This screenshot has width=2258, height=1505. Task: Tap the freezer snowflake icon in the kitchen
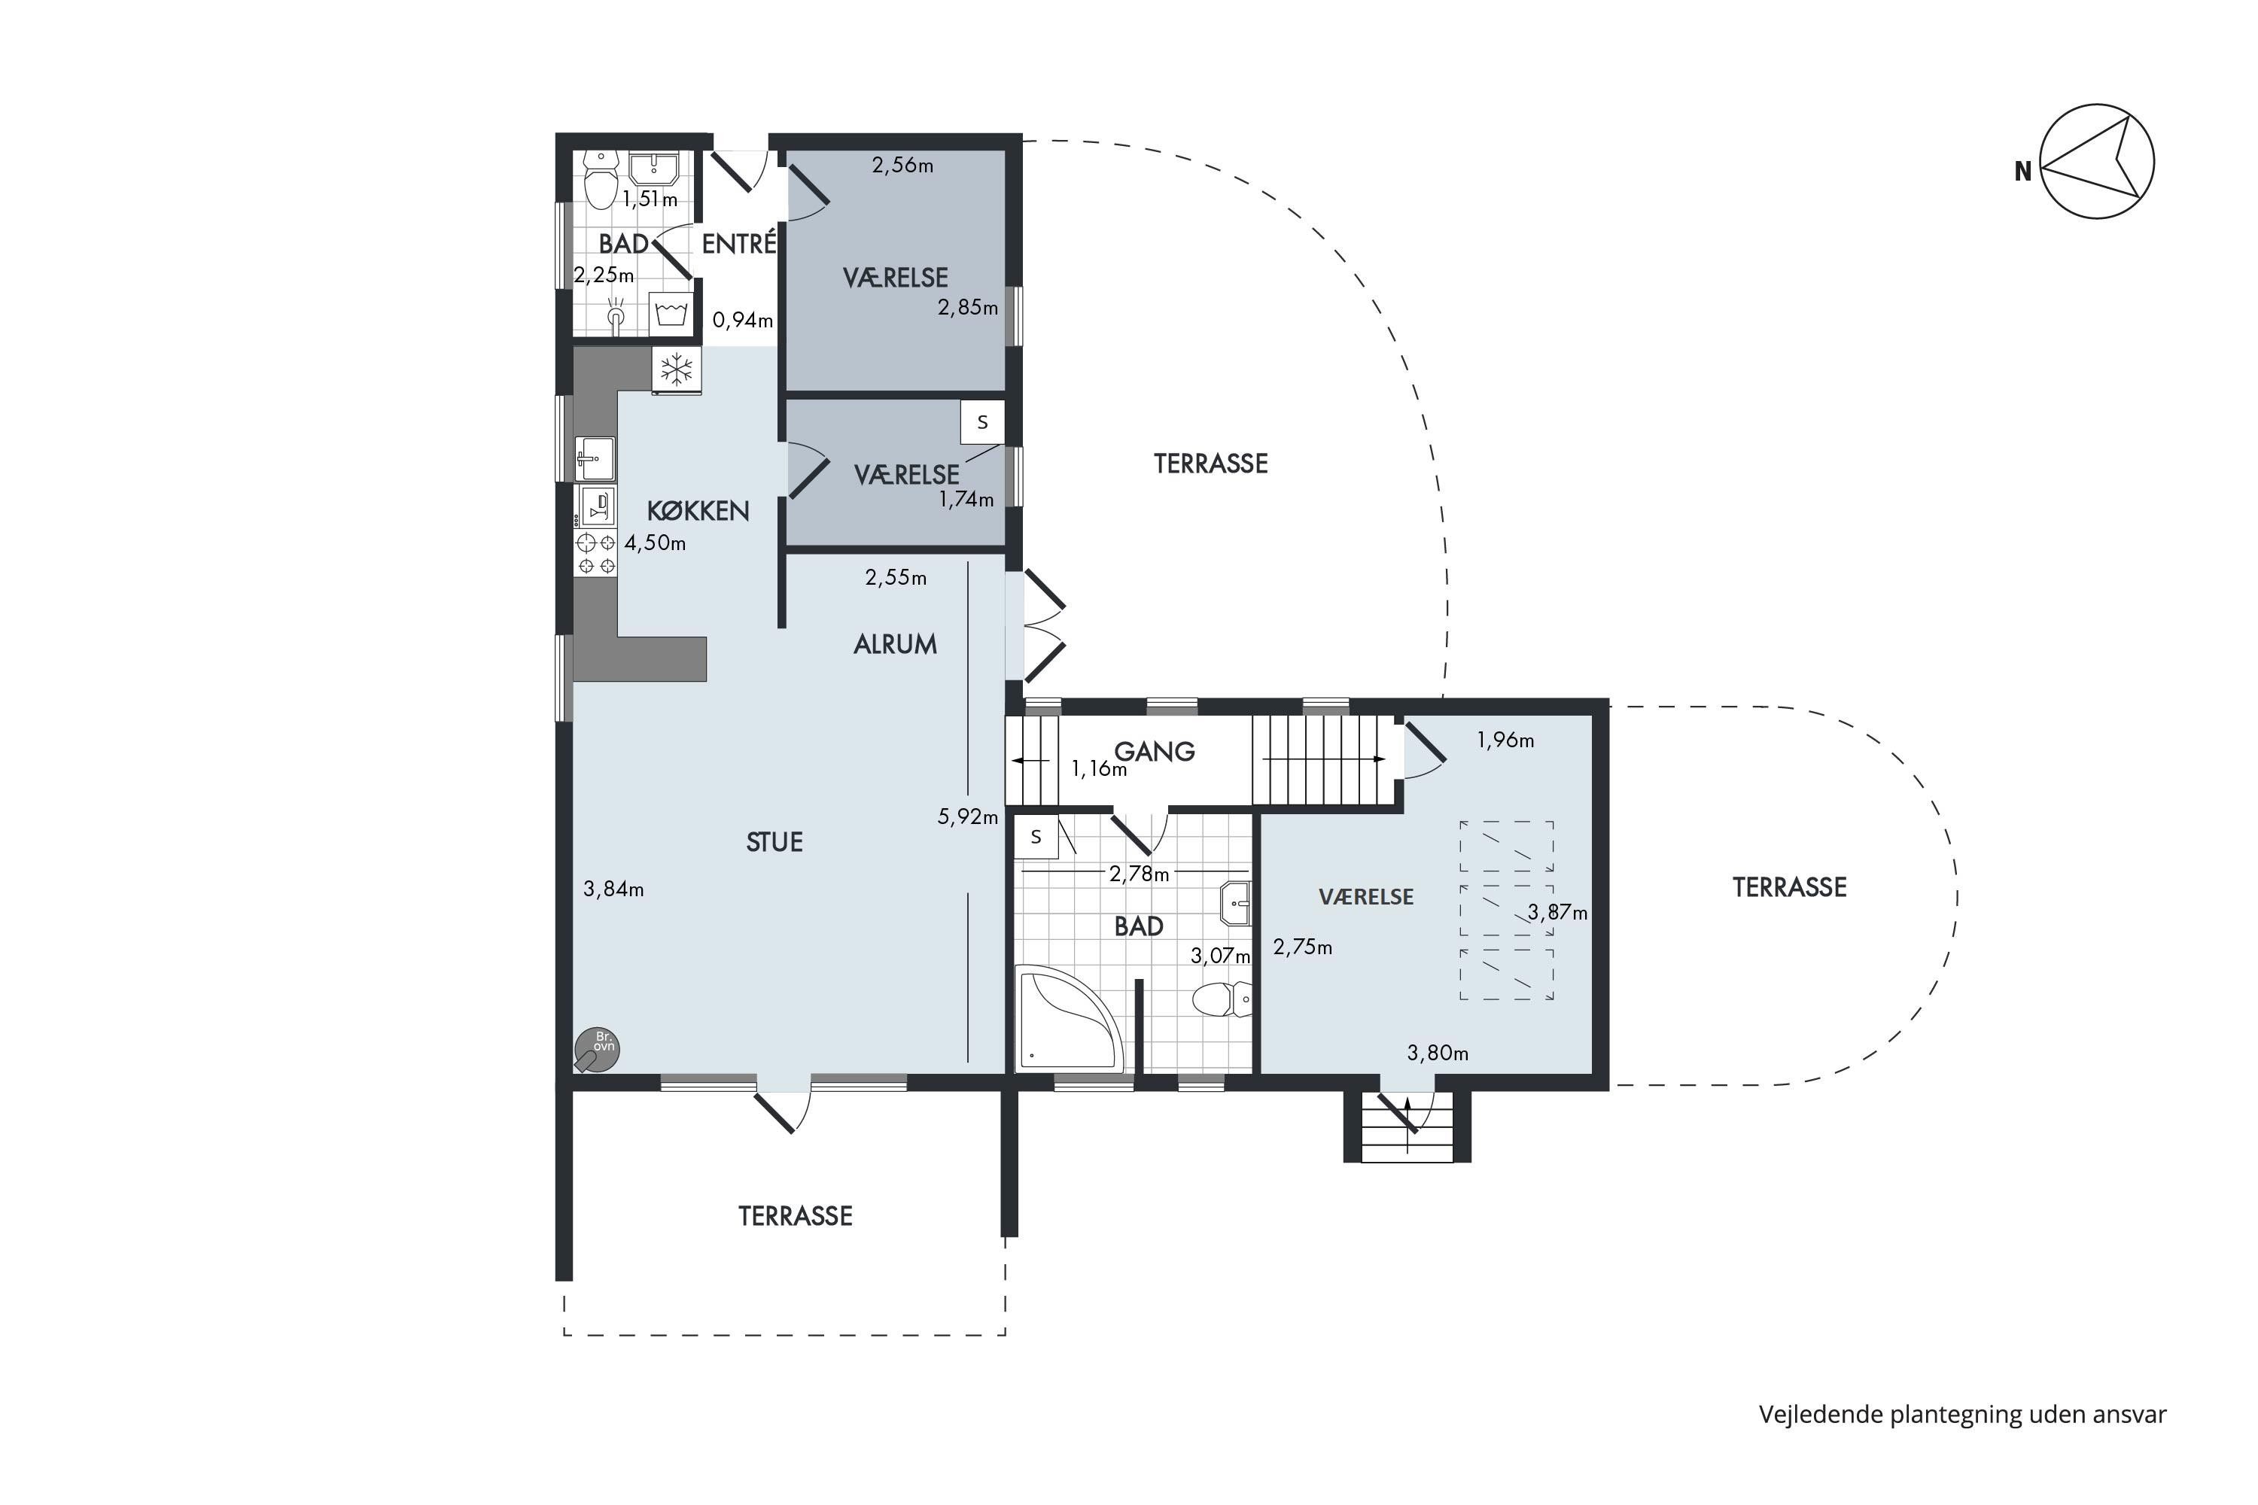(x=677, y=369)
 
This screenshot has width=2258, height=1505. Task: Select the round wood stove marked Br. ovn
(x=596, y=1050)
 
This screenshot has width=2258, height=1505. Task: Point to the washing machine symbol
(x=671, y=313)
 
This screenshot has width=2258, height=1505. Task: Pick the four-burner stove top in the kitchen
(x=595, y=554)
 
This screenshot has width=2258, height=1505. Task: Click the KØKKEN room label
(x=698, y=511)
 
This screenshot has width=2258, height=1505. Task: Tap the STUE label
(x=774, y=842)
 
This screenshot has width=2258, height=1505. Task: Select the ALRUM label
(x=895, y=644)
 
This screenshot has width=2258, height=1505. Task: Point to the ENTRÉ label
(x=738, y=243)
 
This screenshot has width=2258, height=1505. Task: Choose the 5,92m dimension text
(x=968, y=816)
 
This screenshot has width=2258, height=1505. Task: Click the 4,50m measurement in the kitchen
(x=656, y=543)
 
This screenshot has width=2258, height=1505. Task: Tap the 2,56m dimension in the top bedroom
(x=902, y=165)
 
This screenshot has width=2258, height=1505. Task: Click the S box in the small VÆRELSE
(x=982, y=422)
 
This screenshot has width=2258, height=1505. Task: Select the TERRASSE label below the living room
(x=795, y=1216)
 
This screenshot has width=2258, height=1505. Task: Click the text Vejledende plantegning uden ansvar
(x=1962, y=1415)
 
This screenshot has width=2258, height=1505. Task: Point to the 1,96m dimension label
(x=1505, y=740)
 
